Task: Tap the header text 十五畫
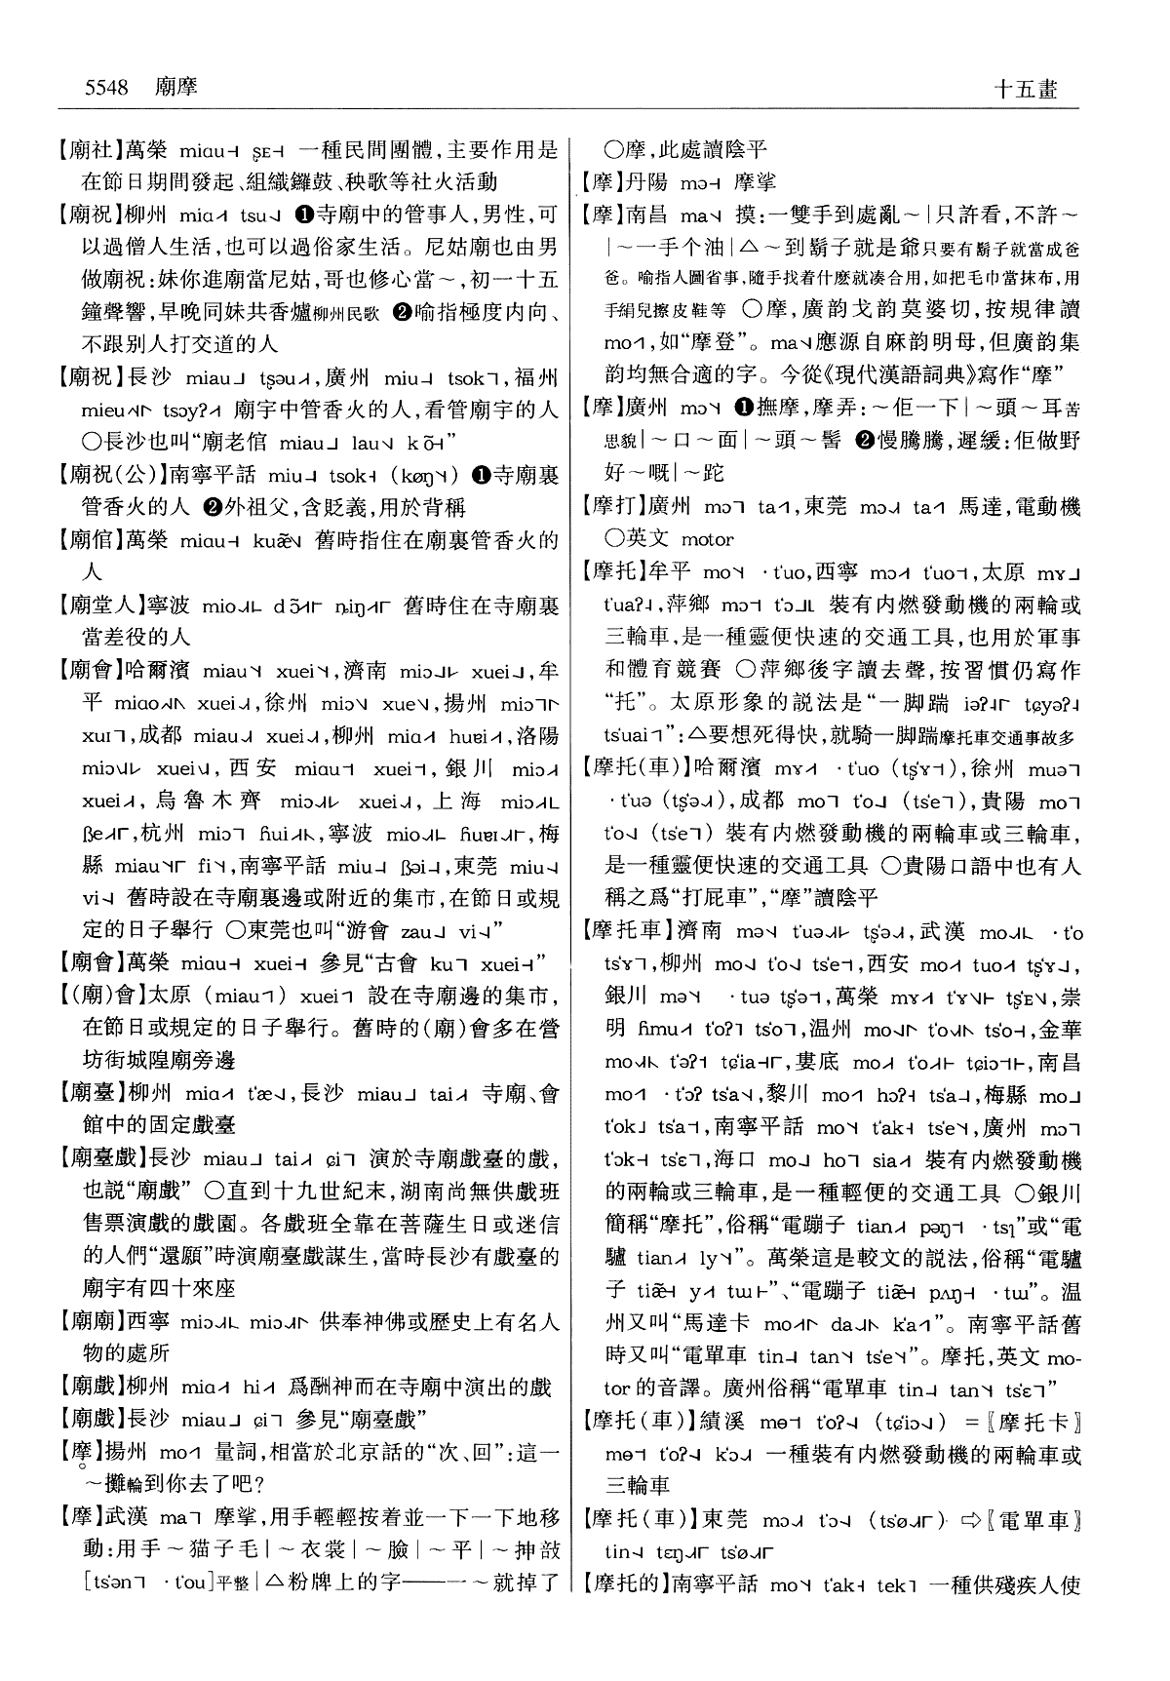click(1025, 89)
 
